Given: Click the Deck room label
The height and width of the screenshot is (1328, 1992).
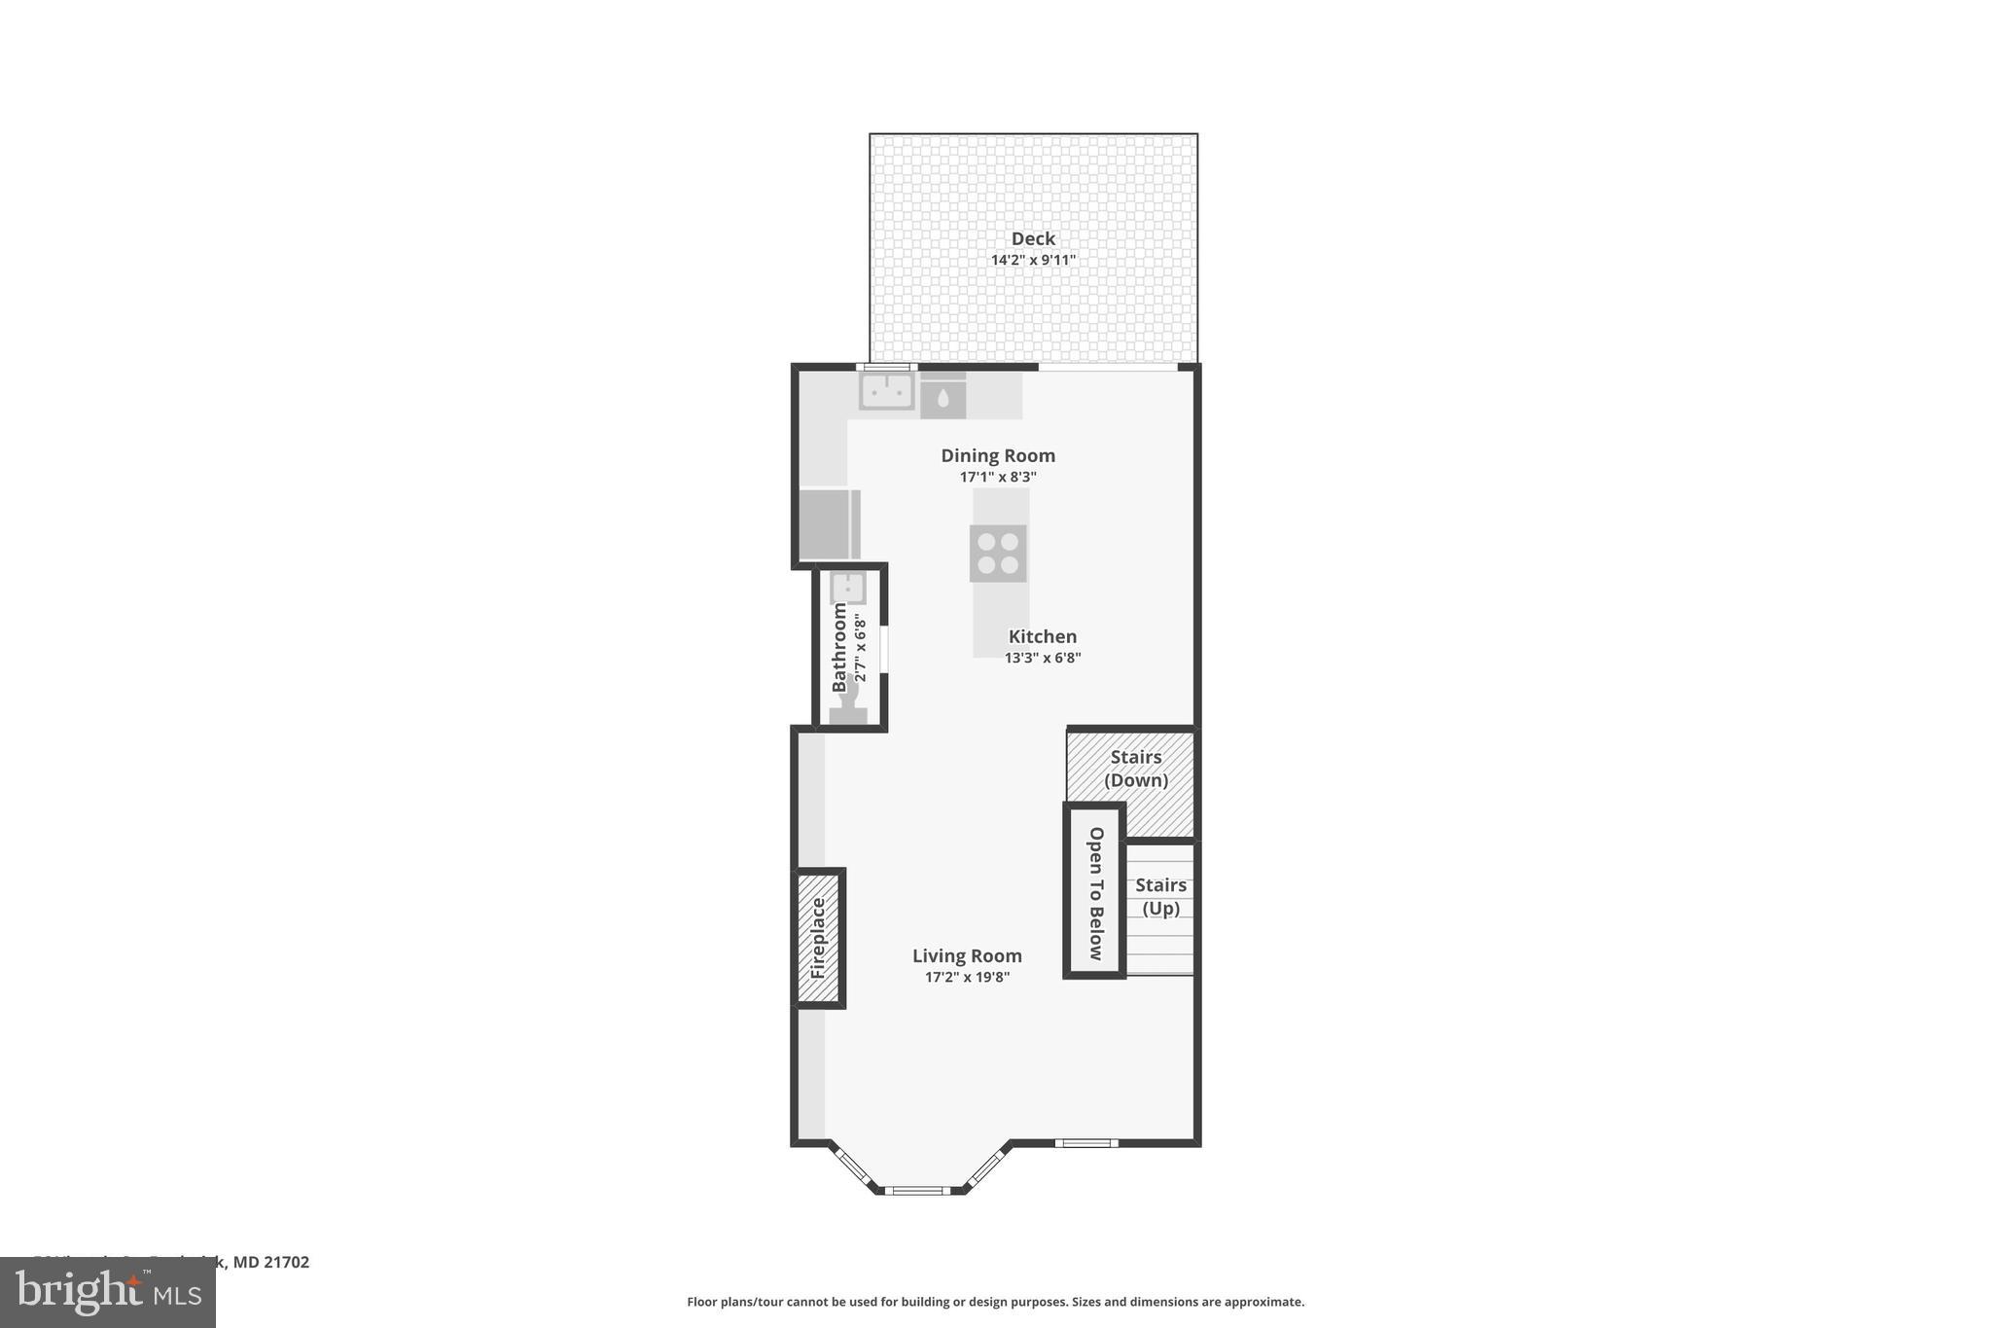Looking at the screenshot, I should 1032,238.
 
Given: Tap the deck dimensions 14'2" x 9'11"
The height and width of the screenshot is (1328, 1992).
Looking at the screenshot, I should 1032,260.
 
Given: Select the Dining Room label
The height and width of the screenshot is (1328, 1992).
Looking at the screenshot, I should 997,455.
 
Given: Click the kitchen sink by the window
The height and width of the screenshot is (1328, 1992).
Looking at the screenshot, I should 886,391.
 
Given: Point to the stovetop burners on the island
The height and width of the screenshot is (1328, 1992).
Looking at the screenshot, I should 998,554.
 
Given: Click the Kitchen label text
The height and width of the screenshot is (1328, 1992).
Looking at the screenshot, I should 1042,636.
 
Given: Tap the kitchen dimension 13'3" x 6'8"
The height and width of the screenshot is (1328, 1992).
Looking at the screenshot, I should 1042,658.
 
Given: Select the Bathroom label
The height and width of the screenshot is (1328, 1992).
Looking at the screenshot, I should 838,647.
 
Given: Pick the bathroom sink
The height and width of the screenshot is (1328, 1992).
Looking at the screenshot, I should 848,588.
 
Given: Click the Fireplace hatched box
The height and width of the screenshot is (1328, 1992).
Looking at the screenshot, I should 817,938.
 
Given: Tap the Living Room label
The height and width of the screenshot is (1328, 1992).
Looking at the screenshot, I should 966,955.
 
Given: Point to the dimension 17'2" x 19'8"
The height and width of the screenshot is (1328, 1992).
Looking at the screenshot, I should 966,977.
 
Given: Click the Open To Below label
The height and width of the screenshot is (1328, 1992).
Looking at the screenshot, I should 1095,892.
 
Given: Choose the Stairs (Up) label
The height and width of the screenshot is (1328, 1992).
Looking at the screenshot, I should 1160,896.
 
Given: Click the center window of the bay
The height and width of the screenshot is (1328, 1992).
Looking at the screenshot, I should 916,1190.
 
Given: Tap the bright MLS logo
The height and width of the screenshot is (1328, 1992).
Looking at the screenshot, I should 107,1292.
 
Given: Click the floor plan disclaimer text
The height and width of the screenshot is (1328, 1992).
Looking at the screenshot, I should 995,1302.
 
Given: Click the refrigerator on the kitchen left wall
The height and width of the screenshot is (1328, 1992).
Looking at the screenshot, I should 828,524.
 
